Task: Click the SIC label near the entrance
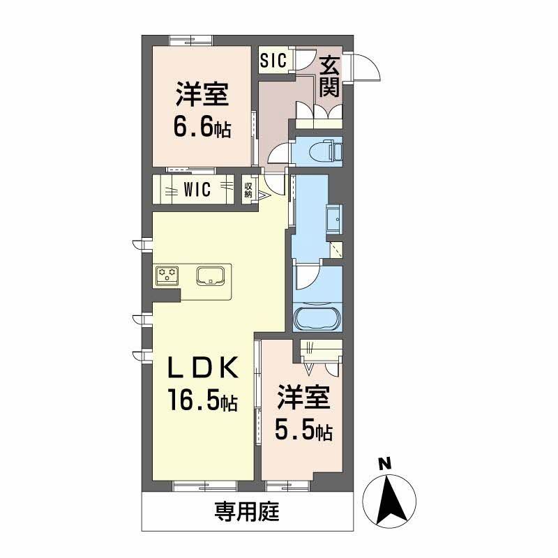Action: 273,60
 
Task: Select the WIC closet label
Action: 197,190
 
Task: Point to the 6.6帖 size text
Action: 202,128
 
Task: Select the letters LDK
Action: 203,367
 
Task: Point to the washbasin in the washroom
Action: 334,220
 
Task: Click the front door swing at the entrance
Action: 364,68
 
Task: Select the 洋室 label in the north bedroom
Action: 202,95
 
